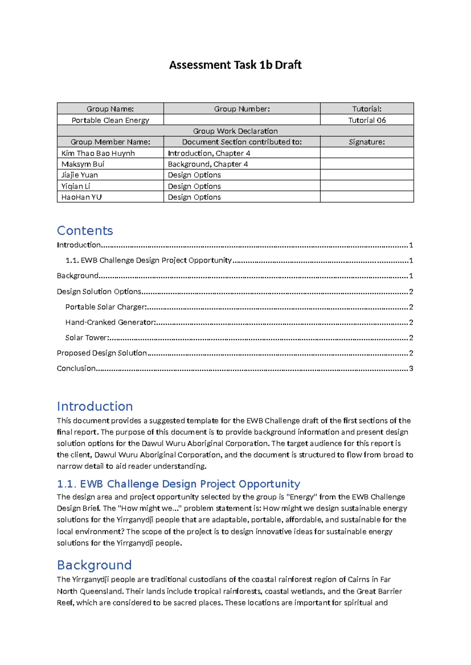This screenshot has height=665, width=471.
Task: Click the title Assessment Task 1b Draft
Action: [235, 65]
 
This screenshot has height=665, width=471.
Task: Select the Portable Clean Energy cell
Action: [110, 120]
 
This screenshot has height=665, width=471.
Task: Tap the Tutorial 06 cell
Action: [367, 120]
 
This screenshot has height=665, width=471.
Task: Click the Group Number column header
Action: [242, 109]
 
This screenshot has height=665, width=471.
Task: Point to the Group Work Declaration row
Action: [235, 131]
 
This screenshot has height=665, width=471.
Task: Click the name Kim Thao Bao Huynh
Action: [98, 153]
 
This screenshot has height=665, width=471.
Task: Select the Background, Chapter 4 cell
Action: [208, 164]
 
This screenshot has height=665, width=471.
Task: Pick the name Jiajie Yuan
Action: [80, 175]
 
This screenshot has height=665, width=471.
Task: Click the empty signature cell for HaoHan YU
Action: [367, 197]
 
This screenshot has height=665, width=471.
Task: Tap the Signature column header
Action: [367, 142]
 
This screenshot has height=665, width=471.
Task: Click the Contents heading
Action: [85, 231]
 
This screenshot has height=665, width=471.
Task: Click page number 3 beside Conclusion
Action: [411, 369]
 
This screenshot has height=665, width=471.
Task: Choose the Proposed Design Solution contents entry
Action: [102, 353]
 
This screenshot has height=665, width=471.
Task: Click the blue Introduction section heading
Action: [95, 406]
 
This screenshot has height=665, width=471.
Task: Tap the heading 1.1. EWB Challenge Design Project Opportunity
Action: [179, 484]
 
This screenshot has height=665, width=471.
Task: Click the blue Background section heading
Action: [94, 565]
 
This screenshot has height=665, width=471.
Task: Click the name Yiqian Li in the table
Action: [76, 186]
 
